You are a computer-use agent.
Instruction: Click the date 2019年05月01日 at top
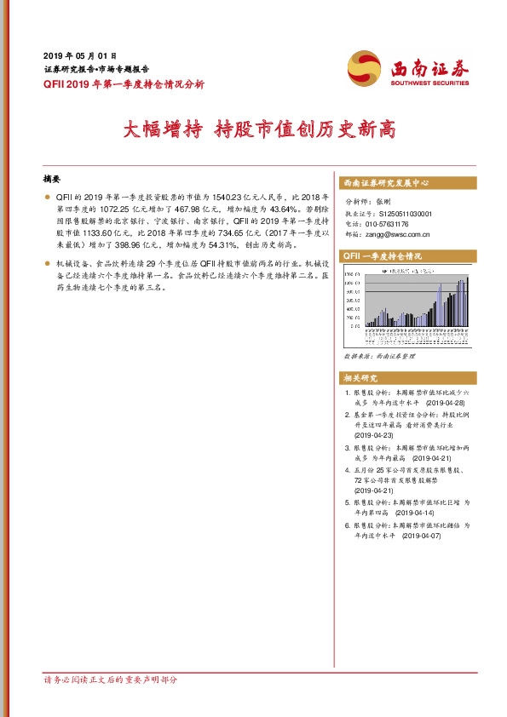(x=79, y=54)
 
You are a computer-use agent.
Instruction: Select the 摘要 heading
(x=52, y=180)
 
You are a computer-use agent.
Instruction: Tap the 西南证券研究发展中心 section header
(x=385, y=183)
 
